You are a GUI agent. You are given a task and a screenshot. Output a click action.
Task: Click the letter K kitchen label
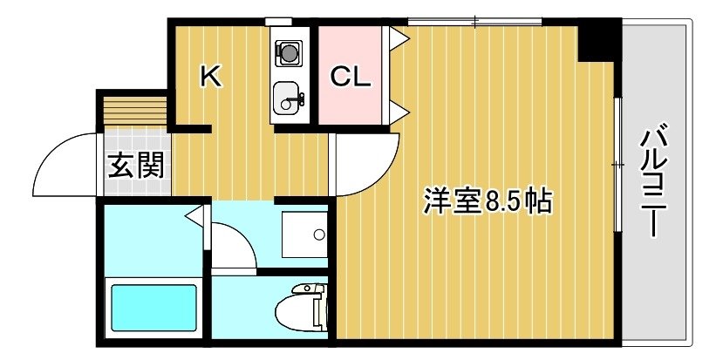tap(211, 76)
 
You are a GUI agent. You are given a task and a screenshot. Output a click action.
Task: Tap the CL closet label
tap(351, 77)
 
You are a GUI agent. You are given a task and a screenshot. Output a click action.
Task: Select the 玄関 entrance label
tap(136, 165)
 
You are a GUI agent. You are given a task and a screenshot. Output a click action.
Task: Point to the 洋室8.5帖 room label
tap(488, 201)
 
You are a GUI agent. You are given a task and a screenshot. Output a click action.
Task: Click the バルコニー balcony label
tap(654, 180)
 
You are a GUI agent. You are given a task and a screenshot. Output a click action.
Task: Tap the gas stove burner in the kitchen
tap(289, 52)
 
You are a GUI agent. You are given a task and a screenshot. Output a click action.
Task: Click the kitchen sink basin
tap(288, 98)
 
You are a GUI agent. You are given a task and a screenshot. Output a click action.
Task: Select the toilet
tap(300, 308)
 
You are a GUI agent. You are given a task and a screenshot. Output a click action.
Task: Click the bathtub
tap(153, 308)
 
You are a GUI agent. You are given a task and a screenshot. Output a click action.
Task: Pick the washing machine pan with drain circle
tap(304, 234)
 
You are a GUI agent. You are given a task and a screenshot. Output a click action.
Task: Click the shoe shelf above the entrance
tap(134, 111)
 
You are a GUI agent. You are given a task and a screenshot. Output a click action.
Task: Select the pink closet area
tap(350, 75)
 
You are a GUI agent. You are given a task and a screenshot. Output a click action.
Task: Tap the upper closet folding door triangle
tap(398, 37)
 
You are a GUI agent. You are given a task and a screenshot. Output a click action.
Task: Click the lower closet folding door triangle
tap(398, 113)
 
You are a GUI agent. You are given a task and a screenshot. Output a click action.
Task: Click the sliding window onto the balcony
tap(617, 164)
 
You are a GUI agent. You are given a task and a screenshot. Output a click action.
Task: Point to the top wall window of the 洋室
tap(475, 21)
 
